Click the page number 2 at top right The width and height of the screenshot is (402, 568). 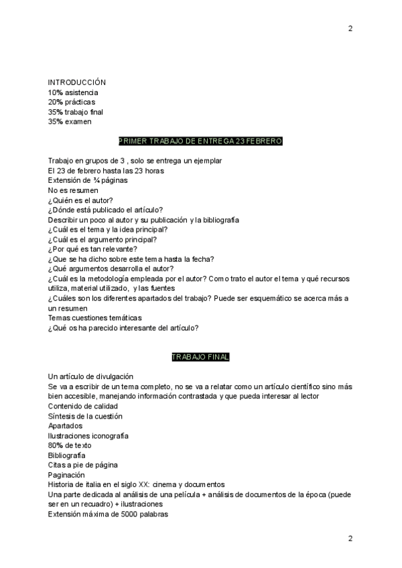[350, 28]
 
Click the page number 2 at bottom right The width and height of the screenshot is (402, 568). [350, 539]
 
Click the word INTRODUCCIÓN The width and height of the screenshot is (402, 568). [77, 82]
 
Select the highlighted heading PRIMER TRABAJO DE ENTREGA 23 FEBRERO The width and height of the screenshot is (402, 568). [200, 141]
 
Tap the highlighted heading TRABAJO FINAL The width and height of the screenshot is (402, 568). [200, 357]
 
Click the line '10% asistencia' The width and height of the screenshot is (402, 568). [73, 92]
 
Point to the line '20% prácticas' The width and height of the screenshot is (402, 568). [71, 102]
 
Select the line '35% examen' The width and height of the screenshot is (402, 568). [70, 122]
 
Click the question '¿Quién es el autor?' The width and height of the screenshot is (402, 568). [80, 200]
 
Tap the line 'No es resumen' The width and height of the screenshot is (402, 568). [72, 190]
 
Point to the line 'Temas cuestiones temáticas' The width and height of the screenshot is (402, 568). [94, 317]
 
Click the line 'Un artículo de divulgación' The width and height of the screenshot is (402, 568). [90, 376]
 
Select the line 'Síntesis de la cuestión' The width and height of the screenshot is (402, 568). [85, 416]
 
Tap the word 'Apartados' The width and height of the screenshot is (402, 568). [66, 425]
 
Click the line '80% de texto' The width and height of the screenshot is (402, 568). [70, 445]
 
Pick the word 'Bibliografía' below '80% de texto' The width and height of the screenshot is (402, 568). [67, 455]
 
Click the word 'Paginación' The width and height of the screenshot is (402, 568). [66, 475]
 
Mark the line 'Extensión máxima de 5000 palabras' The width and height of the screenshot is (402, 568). [108, 514]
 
